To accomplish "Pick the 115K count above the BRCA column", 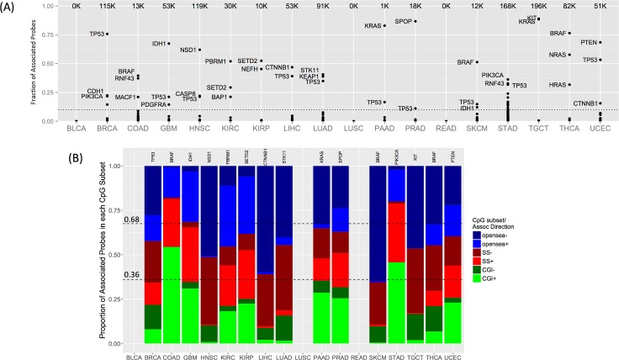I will pyautogui.click(x=107, y=5).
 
